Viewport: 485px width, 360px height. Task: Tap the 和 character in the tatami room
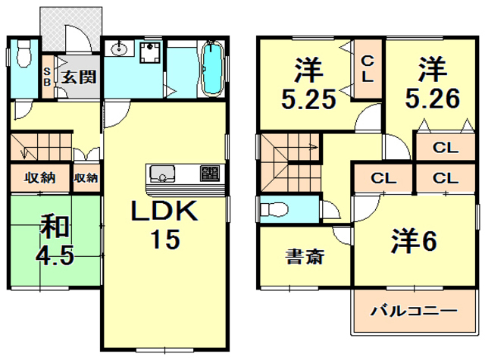[55, 226]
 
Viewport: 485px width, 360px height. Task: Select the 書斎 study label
[305, 256]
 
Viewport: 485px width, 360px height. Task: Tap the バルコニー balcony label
[413, 311]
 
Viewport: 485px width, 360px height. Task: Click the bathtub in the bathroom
[211, 68]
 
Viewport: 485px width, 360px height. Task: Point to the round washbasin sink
[119, 51]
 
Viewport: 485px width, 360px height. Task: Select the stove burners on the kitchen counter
[208, 174]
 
